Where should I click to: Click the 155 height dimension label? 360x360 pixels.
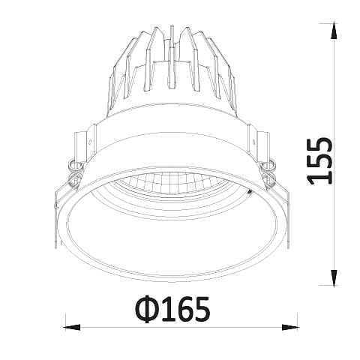tap(320, 161)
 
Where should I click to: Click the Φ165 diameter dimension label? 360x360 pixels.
tap(172, 309)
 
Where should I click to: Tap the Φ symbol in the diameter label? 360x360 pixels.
tap(148, 310)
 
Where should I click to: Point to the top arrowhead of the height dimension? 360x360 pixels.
tap(334, 31)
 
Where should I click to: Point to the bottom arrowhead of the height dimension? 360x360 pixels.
tap(334, 277)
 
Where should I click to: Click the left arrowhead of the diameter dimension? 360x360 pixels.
tap(73, 327)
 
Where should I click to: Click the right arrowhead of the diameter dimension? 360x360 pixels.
tap(289, 327)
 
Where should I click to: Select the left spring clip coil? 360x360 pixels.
tap(75, 172)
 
